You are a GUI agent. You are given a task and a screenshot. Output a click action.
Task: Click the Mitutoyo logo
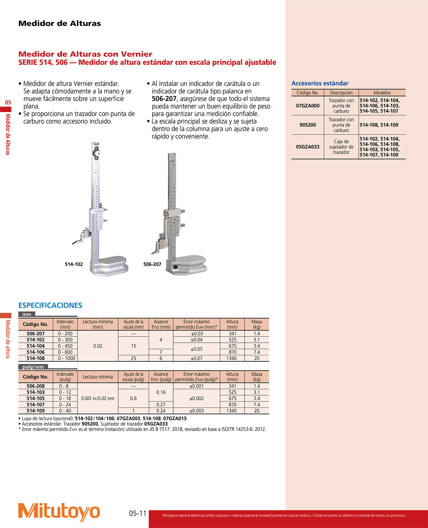(x=59, y=512)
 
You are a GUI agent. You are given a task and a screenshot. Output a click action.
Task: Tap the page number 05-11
(x=138, y=513)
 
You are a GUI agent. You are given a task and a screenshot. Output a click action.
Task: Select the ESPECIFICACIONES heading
(x=50, y=305)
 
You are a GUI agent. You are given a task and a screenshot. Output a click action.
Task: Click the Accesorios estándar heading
(x=320, y=83)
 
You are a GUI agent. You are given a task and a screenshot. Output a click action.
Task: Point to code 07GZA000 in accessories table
(x=308, y=106)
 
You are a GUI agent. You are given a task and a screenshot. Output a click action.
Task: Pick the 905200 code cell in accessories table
(x=308, y=125)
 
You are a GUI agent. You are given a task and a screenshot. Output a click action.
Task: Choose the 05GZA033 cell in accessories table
(x=308, y=147)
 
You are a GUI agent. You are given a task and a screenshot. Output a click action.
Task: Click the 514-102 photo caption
(x=74, y=264)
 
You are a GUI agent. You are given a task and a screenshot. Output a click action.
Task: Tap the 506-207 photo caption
(x=152, y=264)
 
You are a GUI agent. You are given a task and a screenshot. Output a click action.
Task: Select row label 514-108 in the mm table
(x=36, y=358)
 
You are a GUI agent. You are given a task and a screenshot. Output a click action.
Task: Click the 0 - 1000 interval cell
(x=65, y=358)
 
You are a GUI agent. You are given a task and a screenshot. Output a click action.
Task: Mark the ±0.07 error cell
(x=196, y=358)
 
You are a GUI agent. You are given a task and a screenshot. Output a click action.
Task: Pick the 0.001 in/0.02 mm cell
(x=97, y=398)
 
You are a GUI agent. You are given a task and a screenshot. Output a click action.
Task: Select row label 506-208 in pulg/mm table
(x=36, y=386)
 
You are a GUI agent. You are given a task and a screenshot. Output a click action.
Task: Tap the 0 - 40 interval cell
(x=65, y=411)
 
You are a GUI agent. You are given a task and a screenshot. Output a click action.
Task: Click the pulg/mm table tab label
(x=33, y=367)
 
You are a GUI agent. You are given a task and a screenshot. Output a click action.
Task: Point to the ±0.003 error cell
(x=196, y=411)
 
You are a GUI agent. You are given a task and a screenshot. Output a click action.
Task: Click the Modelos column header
(x=382, y=93)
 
